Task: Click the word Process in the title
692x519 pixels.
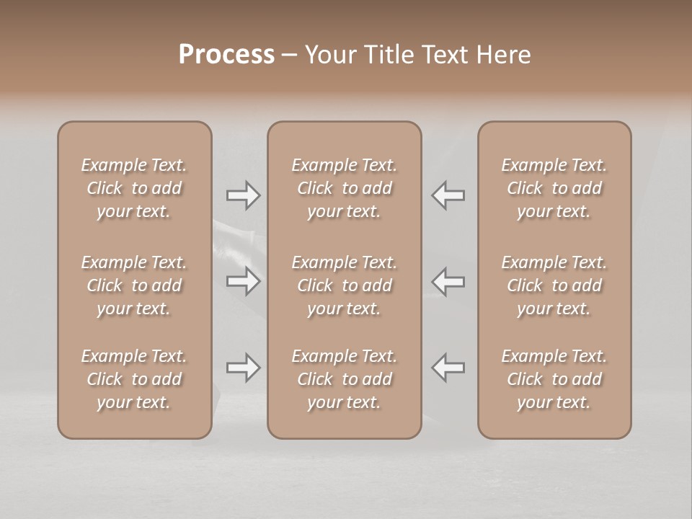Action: click(226, 55)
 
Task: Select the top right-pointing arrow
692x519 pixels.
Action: click(243, 195)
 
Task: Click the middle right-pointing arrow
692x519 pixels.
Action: click(243, 281)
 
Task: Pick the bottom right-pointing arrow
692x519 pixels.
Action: click(243, 368)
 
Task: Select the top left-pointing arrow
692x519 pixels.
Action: click(448, 195)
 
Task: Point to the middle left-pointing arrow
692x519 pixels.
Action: click(448, 281)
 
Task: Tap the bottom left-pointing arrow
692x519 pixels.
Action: click(448, 367)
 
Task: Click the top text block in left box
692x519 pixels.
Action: click(134, 188)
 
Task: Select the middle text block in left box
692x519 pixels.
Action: click(134, 285)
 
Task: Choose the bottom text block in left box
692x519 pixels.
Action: click(134, 379)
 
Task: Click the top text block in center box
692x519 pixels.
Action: click(344, 188)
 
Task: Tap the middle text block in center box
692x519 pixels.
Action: click(344, 285)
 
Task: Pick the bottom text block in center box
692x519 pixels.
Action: click(344, 379)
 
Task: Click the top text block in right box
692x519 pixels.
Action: click(554, 188)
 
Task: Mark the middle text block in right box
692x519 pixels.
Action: click(554, 285)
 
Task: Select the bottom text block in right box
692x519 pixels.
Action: click(554, 379)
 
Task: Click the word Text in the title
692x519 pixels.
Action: click(443, 55)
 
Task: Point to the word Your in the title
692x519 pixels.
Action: click(329, 55)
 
